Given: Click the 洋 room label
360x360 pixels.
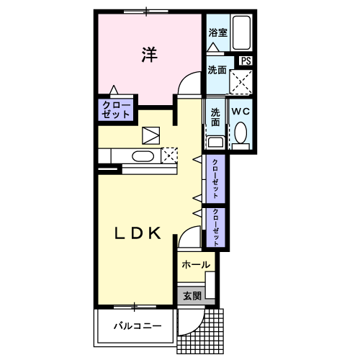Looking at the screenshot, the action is point(149,55).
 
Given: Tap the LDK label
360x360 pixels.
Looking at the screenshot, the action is point(138,233).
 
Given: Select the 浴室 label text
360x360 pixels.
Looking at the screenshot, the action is point(217,32).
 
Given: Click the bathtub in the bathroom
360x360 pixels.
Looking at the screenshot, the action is point(241,32).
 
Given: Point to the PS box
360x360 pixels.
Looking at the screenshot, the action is point(246,60).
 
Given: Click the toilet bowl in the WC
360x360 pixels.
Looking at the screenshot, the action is point(240,132).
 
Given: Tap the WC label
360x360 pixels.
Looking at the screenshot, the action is point(240,112).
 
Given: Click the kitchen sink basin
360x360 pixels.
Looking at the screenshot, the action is point(143,156).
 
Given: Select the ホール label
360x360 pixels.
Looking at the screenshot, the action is point(196,265).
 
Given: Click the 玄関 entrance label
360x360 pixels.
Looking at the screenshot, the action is point(192,296).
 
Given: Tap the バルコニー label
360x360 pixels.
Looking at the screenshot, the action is point(138,326).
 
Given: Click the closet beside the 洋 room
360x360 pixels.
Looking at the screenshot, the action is point(116,110).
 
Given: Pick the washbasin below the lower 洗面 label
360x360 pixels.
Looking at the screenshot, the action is point(216,143).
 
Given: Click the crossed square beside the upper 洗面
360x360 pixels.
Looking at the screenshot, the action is point(241,82).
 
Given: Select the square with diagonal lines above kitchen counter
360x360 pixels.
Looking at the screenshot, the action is point(151,135).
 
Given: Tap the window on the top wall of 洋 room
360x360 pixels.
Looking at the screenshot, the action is point(146,12).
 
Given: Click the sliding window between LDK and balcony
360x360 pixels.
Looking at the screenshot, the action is point(135,307).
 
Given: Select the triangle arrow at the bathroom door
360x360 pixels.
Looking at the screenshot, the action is point(213,47).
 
